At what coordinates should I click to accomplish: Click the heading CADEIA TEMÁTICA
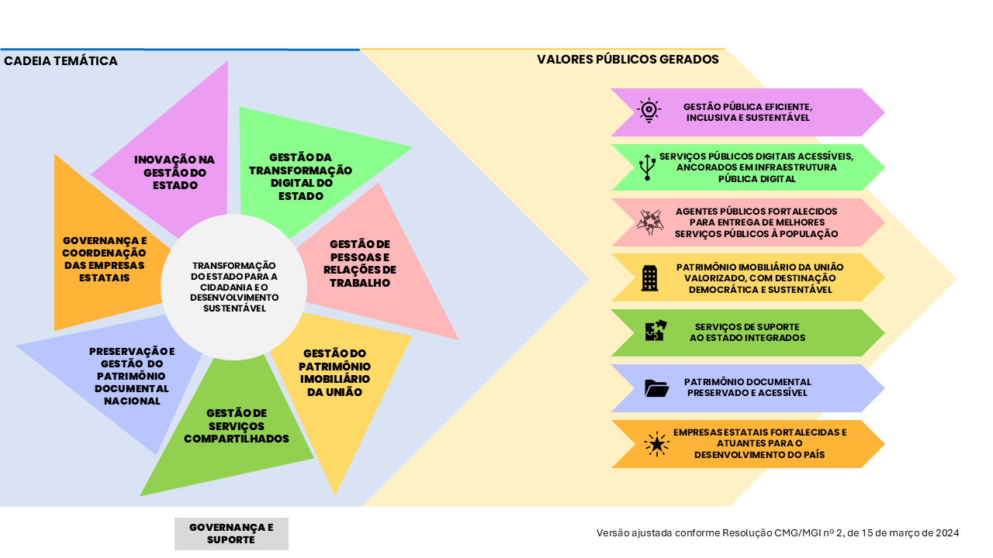click(x=61, y=60)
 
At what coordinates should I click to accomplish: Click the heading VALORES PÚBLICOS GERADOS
click(x=628, y=59)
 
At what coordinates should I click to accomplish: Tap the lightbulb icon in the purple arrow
click(x=648, y=111)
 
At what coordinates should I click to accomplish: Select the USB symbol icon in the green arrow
click(x=647, y=167)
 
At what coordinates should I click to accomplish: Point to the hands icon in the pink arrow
click(x=649, y=222)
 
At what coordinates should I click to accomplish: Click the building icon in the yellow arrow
click(x=649, y=277)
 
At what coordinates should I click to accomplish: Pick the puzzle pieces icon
click(x=656, y=331)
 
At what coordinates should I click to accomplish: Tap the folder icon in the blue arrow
click(x=656, y=387)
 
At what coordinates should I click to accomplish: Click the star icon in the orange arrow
click(x=656, y=444)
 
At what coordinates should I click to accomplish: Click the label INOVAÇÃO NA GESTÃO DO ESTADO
click(x=175, y=172)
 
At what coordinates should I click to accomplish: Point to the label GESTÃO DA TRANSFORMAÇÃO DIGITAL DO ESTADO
click(x=310, y=176)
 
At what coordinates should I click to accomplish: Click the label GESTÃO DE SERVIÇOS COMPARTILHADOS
click(x=237, y=425)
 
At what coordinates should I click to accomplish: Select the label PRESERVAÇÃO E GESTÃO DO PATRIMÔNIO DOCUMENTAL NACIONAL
click(x=132, y=376)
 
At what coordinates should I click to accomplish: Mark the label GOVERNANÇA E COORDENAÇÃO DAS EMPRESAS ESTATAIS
click(x=104, y=259)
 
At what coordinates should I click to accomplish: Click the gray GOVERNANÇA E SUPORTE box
click(x=231, y=534)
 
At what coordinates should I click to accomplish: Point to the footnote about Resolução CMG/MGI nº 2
click(x=777, y=532)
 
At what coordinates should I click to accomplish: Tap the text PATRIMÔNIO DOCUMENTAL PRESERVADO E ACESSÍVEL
click(x=747, y=387)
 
